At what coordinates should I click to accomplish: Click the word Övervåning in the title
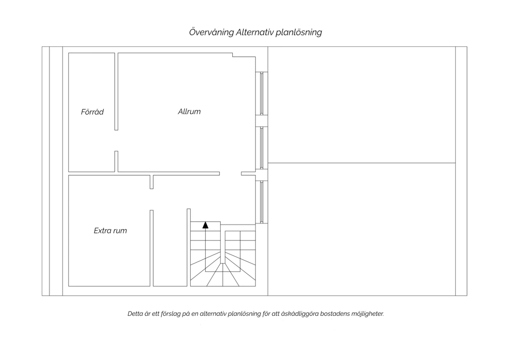[x=211, y=32]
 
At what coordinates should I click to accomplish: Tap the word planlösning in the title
[x=299, y=33]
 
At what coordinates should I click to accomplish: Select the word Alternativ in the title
[x=254, y=32]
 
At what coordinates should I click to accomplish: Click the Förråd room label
[x=92, y=112]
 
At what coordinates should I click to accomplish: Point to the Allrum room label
[x=189, y=111]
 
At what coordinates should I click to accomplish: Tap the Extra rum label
[x=110, y=231]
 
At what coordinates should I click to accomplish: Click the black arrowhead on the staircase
[x=205, y=225]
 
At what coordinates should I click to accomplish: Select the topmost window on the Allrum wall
[x=262, y=93]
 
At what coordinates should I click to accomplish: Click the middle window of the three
[x=262, y=148]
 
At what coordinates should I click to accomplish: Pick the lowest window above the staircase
[x=262, y=202]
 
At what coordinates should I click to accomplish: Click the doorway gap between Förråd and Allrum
[x=116, y=141]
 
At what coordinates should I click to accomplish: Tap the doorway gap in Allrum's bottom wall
[x=230, y=174]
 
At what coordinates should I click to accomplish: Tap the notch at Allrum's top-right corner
[x=244, y=55]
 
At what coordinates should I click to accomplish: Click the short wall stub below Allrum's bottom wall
[x=152, y=182]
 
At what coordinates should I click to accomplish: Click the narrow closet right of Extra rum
[x=170, y=248]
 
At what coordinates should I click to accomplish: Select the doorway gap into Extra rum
[x=152, y=199]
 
